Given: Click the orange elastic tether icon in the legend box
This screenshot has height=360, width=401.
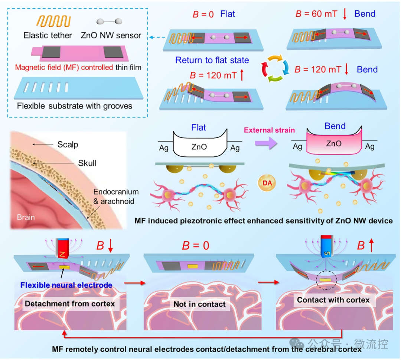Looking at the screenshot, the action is pyautogui.click(x=53, y=21).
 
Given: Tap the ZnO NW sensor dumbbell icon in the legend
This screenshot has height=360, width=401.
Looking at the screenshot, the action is pyautogui.click(x=109, y=22).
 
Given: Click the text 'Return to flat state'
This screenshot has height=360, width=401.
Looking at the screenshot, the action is pyautogui.click(x=212, y=60).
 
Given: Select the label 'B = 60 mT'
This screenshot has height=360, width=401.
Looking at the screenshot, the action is pyautogui.click(x=316, y=14).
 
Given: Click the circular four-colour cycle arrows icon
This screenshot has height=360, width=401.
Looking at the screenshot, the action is pyautogui.click(x=275, y=68).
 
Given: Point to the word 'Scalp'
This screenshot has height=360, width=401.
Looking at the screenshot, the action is pyautogui.click(x=68, y=145).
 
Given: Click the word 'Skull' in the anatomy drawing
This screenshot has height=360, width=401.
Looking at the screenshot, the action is pyautogui.click(x=87, y=163).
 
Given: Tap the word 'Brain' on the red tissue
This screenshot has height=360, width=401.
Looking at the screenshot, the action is pyautogui.click(x=26, y=217).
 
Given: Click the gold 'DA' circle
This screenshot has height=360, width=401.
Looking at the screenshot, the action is pyautogui.click(x=267, y=183).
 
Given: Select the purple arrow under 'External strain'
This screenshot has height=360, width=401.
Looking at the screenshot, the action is pyautogui.click(x=266, y=143).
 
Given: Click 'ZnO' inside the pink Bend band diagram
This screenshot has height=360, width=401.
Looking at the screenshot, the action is pyautogui.click(x=334, y=143).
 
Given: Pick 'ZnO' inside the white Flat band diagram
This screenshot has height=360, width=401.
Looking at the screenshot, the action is pyautogui.click(x=199, y=147).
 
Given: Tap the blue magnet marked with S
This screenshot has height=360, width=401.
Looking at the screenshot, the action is pyautogui.click(x=327, y=246).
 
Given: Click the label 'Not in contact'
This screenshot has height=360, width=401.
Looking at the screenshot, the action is pyautogui.click(x=199, y=304).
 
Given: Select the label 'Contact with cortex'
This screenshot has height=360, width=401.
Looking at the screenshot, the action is pyautogui.click(x=333, y=300).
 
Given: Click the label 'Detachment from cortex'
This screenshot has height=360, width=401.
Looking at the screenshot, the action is pyautogui.click(x=70, y=304).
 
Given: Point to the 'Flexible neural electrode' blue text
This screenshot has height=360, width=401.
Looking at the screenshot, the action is pyautogui.click(x=66, y=285).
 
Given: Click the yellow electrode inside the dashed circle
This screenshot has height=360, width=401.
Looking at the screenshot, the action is pyautogui.click(x=326, y=280).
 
